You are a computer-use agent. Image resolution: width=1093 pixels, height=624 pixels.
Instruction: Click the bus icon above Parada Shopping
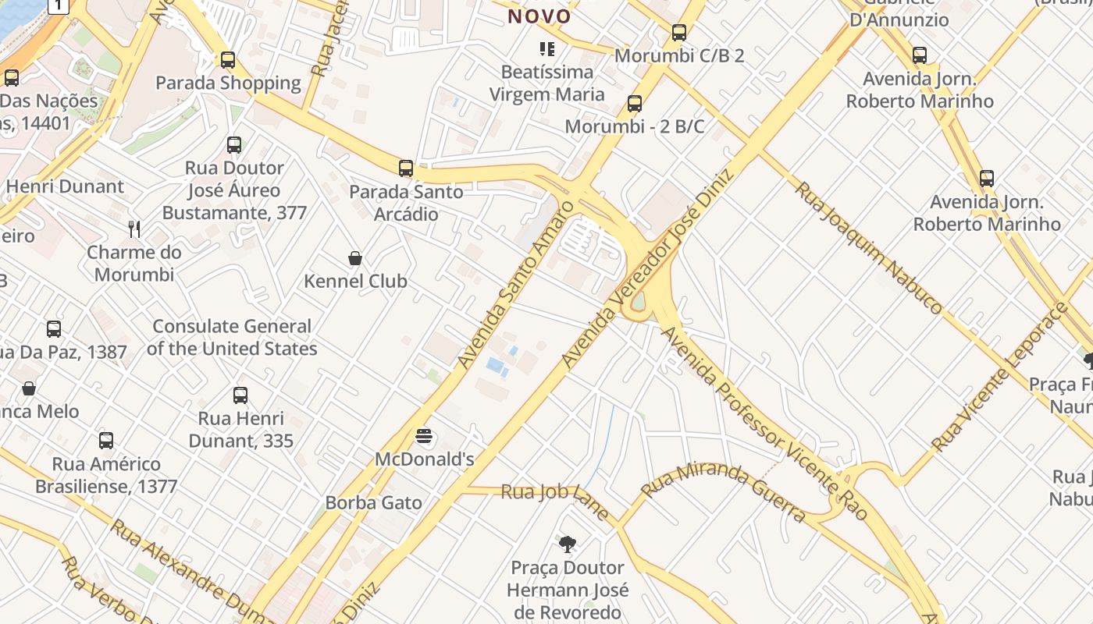coord(228,60)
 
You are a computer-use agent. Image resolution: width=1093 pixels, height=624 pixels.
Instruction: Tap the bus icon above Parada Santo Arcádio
coord(406,168)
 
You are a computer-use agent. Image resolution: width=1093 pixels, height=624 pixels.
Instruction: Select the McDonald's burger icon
coord(424,437)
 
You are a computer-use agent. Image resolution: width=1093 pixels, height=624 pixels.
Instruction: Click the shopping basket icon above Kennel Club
coord(355,258)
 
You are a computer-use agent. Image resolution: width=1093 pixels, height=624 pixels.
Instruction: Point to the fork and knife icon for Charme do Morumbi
coord(134,229)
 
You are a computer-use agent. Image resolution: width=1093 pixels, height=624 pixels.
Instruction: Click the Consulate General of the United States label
coord(232,337)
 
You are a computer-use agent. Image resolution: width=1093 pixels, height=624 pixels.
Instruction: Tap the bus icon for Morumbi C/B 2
coord(679,33)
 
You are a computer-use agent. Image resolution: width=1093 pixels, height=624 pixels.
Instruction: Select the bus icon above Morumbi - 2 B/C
coord(635,104)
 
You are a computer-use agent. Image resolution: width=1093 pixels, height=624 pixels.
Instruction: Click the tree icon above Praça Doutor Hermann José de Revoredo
coord(568,544)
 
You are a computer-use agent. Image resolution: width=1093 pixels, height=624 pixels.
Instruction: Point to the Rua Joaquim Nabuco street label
coord(868,247)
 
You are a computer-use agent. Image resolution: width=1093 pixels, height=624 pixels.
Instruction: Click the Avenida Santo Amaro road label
coord(515,285)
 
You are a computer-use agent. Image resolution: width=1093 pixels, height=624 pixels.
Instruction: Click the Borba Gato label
coord(373,502)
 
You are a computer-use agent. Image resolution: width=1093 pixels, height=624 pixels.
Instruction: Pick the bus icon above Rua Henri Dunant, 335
coord(240,395)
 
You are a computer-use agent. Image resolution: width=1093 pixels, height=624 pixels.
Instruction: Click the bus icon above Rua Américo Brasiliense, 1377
coord(106,441)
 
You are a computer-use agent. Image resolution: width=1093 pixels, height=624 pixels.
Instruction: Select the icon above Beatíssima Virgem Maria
coord(547,49)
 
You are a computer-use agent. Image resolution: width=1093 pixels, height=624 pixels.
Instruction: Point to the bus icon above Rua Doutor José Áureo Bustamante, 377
coord(234,144)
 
